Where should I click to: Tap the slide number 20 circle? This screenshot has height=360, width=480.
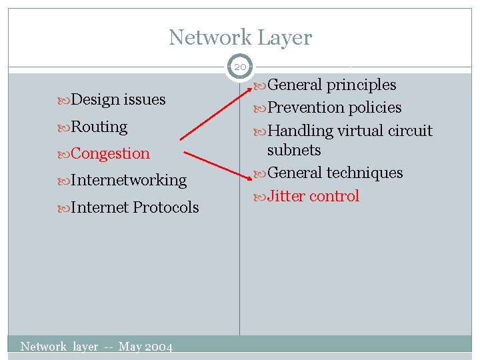click(240, 66)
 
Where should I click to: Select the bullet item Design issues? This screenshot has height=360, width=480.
click(117, 100)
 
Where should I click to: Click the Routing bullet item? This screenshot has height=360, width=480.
click(99, 127)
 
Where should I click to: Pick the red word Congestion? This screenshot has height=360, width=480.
click(110, 153)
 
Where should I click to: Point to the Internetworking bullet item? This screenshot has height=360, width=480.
click(128, 180)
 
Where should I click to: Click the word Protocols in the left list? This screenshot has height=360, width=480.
click(165, 207)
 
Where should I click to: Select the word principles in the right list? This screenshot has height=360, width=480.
click(361, 85)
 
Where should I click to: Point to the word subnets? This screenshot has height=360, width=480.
click(294, 150)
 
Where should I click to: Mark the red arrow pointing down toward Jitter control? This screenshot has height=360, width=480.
click(217, 165)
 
